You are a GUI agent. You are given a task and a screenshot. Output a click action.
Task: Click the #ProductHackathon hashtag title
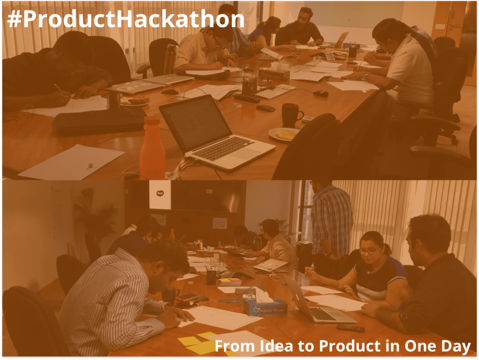click(x=125, y=19)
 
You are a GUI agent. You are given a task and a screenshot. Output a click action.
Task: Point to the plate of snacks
click(x=284, y=135)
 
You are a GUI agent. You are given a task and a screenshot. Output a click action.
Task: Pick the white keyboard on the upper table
click(x=275, y=91)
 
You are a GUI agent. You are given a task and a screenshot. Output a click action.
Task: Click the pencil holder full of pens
click(x=249, y=87)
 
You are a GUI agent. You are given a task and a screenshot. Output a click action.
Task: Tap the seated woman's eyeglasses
click(x=370, y=251)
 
